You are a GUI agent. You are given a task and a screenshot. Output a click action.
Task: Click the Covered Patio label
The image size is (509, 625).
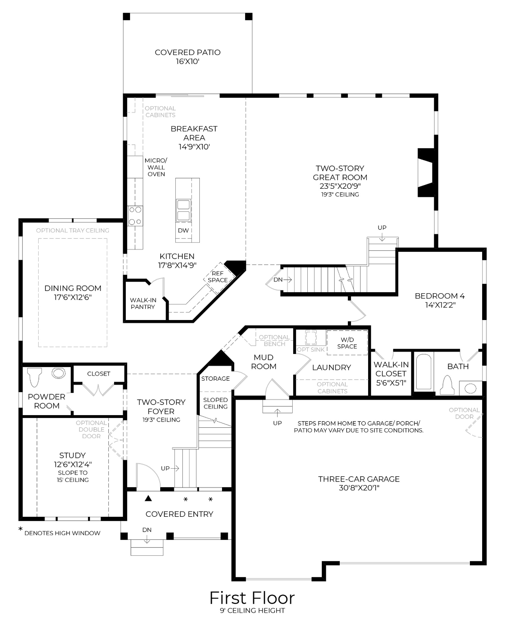[x=188, y=52]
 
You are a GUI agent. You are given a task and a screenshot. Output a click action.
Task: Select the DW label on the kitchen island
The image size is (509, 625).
[x=183, y=231]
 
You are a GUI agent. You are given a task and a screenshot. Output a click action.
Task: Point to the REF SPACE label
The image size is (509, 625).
[x=217, y=277]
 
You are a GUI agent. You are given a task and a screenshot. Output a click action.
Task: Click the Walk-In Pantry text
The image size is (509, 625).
[x=143, y=303]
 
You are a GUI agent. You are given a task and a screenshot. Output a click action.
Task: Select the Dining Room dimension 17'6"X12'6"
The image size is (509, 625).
[x=73, y=297]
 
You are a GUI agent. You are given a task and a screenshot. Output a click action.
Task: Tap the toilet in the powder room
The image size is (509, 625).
[x=35, y=377]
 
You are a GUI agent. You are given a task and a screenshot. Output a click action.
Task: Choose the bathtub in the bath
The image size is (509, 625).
[x=423, y=372]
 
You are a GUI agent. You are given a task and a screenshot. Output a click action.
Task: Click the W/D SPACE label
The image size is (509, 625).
[x=347, y=343]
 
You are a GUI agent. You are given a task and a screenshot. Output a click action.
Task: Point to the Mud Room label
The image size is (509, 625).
[x=263, y=362]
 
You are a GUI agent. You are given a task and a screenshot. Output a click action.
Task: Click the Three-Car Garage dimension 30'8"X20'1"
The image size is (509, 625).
[x=359, y=488]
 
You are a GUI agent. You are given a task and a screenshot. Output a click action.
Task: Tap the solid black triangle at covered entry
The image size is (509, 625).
[x=148, y=498]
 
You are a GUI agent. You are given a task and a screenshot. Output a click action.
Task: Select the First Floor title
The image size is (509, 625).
[x=252, y=598]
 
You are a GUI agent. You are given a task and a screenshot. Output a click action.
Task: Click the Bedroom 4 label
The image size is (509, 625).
[x=439, y=296]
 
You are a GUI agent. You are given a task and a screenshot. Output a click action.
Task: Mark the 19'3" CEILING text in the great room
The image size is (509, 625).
[x=340, y=194]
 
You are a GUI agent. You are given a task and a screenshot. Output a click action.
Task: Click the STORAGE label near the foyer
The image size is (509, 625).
[x=215, y=378]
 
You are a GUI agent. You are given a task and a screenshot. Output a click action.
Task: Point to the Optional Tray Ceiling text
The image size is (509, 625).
[x=73, y=231]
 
